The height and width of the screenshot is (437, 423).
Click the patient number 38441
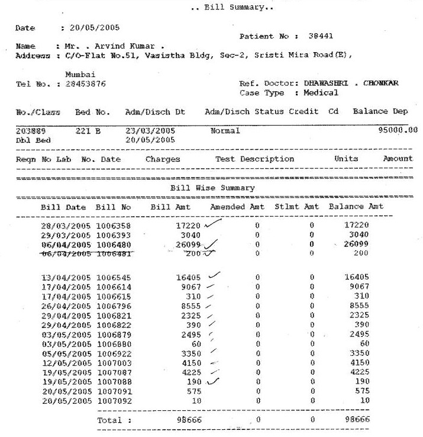click(322, 36)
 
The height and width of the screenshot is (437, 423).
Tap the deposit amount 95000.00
click(398, 130)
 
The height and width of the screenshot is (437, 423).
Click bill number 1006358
click(113, 225)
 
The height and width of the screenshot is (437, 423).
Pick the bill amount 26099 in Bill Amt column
click(189, 245)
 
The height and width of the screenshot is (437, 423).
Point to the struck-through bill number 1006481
click(113, 254)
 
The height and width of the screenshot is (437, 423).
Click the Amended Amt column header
click(237, 207)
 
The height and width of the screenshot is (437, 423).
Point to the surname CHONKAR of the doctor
click(385, 83)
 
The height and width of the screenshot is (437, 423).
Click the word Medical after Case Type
click(321, 93)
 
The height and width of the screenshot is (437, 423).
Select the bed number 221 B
click(86, 130)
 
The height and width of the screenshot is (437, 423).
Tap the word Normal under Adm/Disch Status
click(225, 130)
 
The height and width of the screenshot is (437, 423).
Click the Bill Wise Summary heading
click(212, 188)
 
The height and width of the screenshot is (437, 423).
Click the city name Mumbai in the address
click(80, 74)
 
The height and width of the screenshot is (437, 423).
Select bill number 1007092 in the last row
click(113, 401)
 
